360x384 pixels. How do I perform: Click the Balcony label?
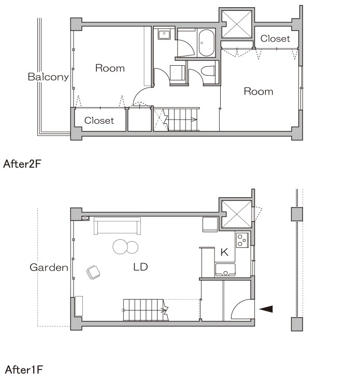coord(48,77)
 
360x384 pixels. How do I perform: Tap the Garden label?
coord(49,267)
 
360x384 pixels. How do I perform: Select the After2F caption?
coord(22,164)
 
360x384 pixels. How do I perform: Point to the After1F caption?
coord(24,370)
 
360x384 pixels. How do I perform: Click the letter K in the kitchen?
coord(224,252)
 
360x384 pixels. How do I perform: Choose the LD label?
coord(140,267)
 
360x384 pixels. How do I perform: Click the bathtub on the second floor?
coord(206,43)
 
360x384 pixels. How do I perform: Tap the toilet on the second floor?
coord(208,71)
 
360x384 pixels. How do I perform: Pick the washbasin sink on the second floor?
coord(164,35)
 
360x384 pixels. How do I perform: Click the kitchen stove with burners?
coord(242,240)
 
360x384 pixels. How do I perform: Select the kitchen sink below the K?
coord(225,270)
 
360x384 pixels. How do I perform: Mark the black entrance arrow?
coord(266,309)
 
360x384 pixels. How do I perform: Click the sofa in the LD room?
coord(117,226)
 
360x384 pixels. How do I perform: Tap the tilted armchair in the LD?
coord(93,272)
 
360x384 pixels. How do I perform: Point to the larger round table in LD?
coord(120,247)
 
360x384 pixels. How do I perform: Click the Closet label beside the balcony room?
coord(99,121)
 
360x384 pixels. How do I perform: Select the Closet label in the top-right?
coord(275,38)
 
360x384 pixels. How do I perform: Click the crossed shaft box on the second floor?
coord(237,24)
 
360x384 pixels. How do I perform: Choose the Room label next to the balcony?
coord(110,68)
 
